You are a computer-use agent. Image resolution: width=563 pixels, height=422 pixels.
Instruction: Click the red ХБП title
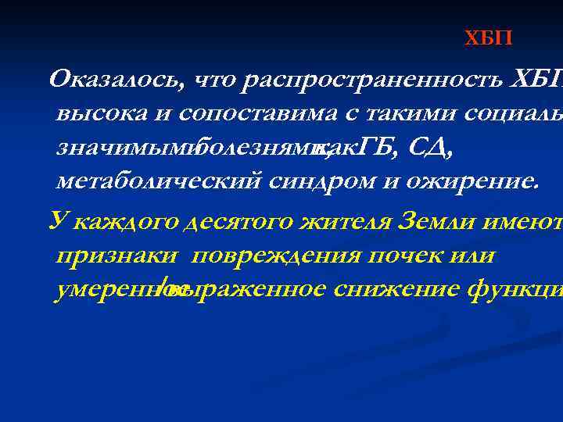489,38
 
